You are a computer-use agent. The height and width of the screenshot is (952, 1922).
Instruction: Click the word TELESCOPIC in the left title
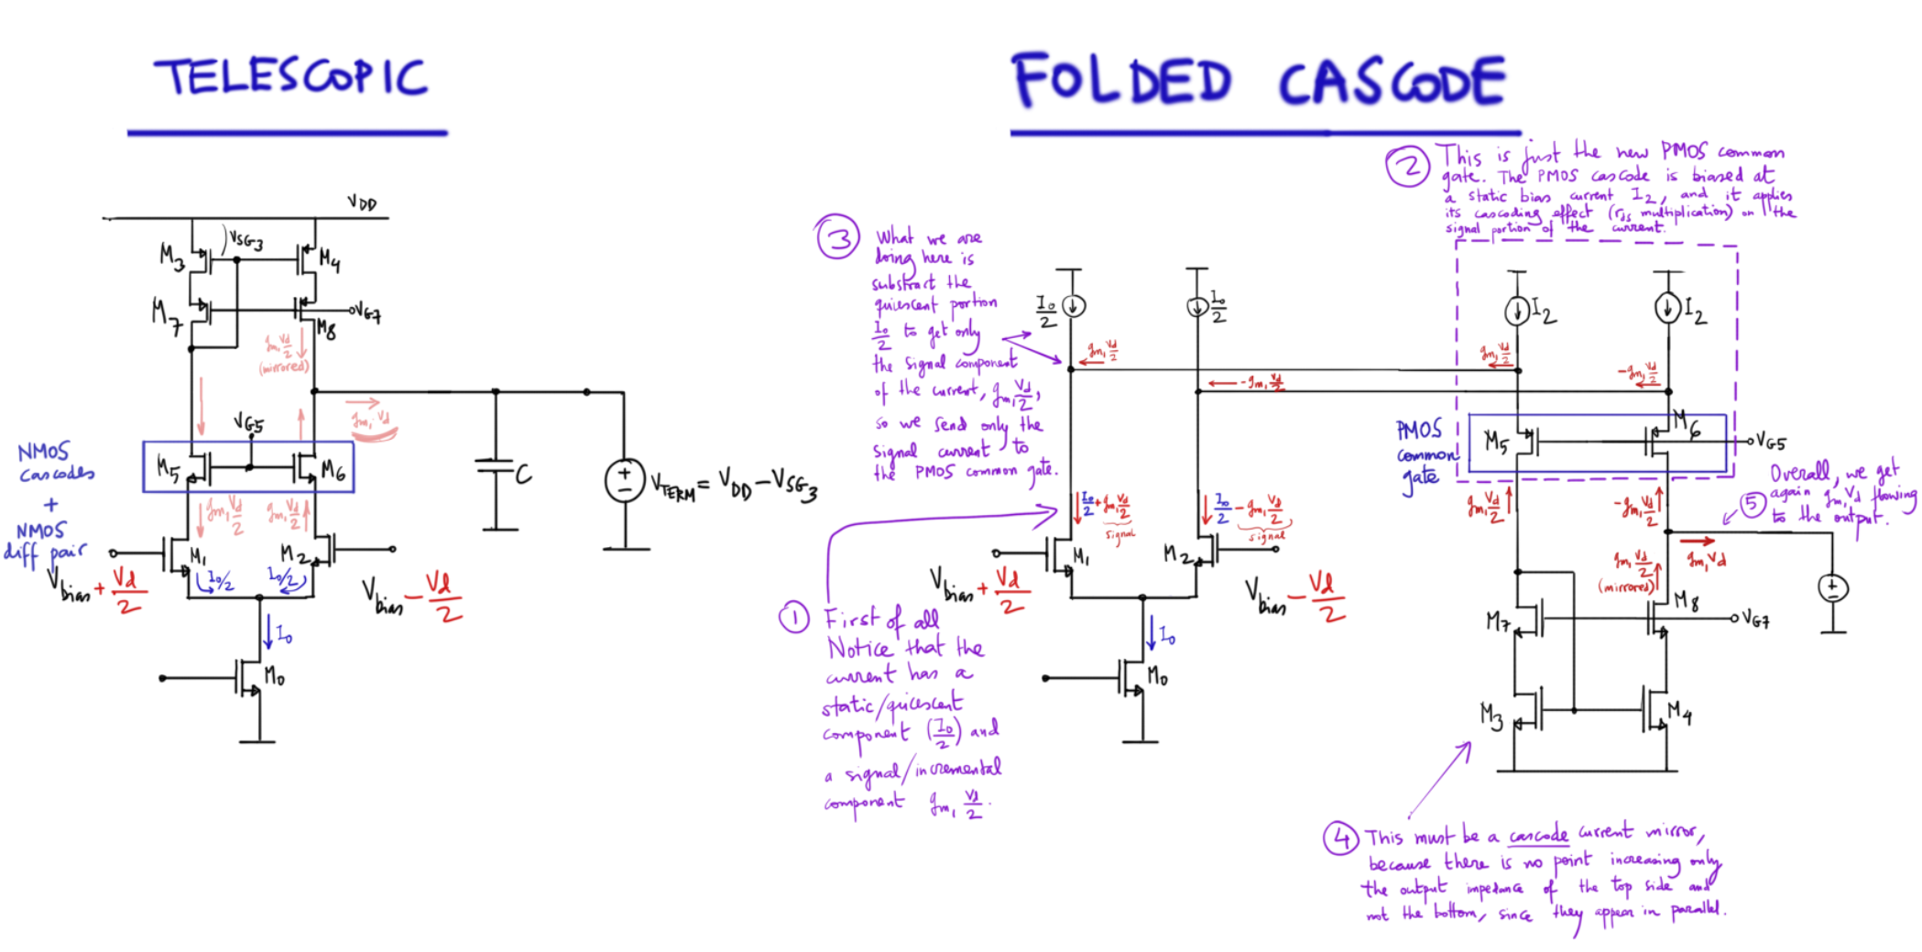point(291,77)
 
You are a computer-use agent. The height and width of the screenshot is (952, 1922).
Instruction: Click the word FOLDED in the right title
point(1121,81)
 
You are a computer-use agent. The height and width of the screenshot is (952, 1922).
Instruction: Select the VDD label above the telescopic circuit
point(362,202)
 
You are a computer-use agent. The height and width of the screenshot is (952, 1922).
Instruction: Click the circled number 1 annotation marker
point(793,618)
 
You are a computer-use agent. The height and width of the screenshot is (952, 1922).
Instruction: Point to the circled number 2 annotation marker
point(1407,167)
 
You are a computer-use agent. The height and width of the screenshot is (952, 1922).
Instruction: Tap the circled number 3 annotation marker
point(837,238)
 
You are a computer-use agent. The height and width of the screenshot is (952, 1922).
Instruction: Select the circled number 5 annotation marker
point(1752,504)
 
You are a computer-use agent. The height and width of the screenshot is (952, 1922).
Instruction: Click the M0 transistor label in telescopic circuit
point(274,677)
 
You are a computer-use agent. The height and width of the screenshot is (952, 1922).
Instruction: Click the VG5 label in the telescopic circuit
point(248,423)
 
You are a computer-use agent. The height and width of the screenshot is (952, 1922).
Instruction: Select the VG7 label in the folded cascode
point(1755,620)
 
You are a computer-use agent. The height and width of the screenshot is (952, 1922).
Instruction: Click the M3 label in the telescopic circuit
point(171,256)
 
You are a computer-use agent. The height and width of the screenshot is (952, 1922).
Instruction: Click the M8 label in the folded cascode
point(1687,600)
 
